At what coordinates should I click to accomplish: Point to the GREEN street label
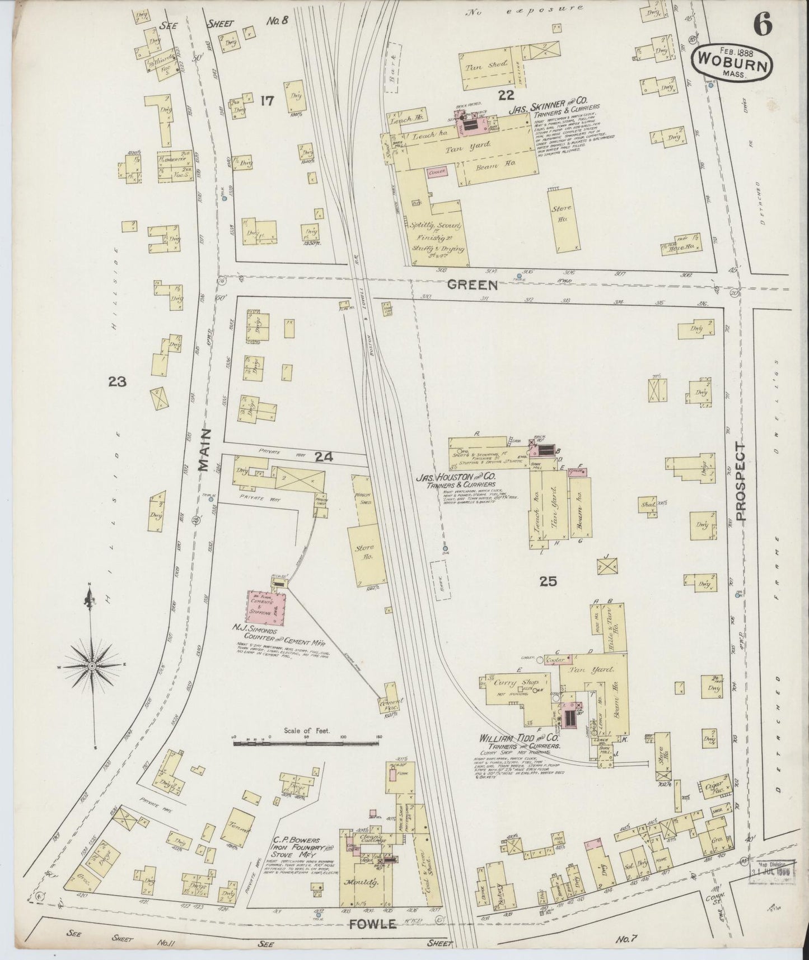point(472,285)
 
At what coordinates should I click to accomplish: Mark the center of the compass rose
point(91,665)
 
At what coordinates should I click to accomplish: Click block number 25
point(548,582)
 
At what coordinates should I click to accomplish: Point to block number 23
point(118,382)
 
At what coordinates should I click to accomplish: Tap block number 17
point(268,101)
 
